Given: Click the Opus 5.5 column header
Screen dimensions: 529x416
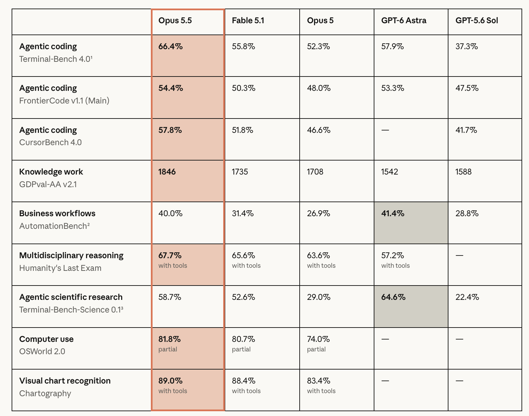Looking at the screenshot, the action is pyautogui.click(x=175, y=21).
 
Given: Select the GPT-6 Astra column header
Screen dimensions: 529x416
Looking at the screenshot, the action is pyautogui.click(x=404, y=20).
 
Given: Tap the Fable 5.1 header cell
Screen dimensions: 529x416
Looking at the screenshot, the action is pyautogui.click(x=248, y=20).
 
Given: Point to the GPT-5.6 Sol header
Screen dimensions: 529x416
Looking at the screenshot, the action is pyautogui.click(x=477, y=20).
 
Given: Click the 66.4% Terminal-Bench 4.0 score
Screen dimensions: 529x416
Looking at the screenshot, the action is pyautogui.click(x=170, y=46).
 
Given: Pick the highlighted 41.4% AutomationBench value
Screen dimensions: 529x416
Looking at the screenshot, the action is pyautogui.click(x=393, y=213).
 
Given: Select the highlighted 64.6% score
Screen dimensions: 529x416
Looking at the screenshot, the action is pyautogui.click(x=393, y=297).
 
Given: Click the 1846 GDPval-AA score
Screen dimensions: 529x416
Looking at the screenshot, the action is pyautogui.click(x=167, y=172).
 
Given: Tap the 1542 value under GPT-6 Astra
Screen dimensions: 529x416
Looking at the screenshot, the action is pyautogui.click(x=389, y=172).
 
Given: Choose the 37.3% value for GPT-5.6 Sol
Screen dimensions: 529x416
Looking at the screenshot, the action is pyautogui.click(x=467, y=46).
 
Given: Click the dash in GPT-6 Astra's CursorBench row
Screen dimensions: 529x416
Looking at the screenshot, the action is pyautogui.click(x=385, y=130).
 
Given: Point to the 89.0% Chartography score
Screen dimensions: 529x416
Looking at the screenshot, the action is pyautogui.click(x=170, y=381).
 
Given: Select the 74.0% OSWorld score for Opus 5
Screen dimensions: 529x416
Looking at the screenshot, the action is pyautogui.click(x=318, y=339).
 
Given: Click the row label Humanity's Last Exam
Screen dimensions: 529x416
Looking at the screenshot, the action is pyautogui.click(x=60, y=268).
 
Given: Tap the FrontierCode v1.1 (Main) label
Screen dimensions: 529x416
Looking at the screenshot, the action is pyautogui.click(x=64, y=101).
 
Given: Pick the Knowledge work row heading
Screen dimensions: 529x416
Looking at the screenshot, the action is pyautogui.click(x=51, y=172).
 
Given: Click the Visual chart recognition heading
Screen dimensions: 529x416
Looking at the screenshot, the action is pyautogui.click(x=65, y=381).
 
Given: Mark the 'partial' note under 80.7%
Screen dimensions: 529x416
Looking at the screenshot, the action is pyautogui.click(x=241, y=349).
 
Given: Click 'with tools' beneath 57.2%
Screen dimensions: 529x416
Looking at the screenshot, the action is pyautogui.click(x=395, y=265).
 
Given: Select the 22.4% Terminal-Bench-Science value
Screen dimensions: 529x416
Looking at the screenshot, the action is pyautogui.click(x=467, y=297).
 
